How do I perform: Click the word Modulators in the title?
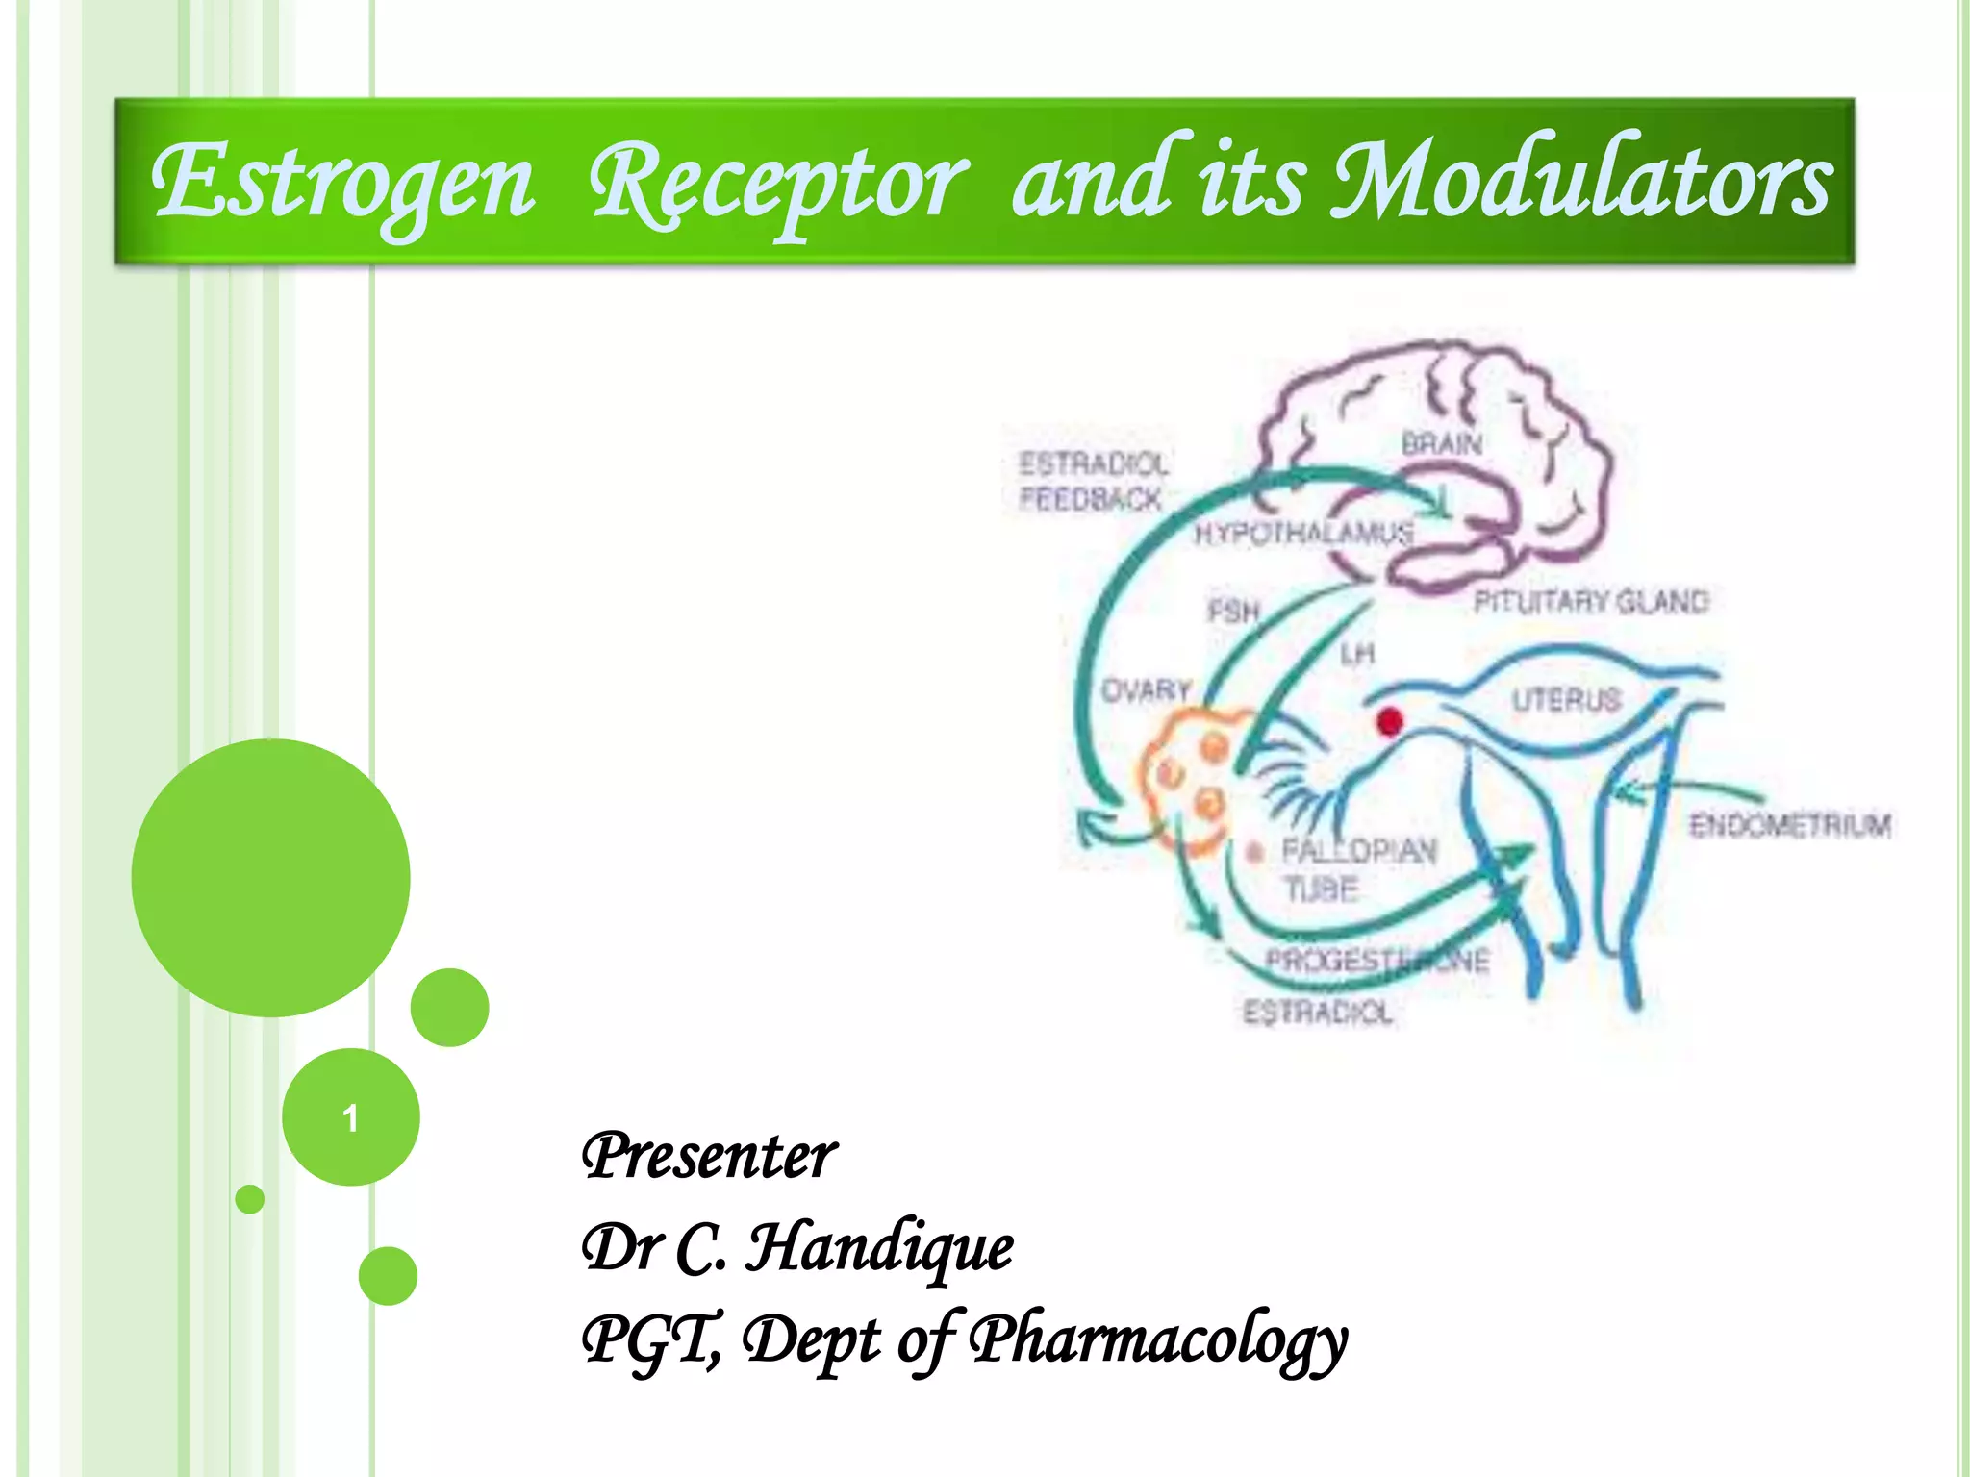click(x=1581, y=181)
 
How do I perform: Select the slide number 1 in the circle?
click(x=350, y=1118)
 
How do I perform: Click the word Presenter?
click(x=709, y=1156)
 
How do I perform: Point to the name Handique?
click(x=880, y=1248)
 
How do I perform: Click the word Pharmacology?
click(x=1158, y=1339)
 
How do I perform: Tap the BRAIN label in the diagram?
click(x=1441, y=444)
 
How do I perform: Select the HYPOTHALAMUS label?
click(x=1303, y=533)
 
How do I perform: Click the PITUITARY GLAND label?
click(x=1591, y=602)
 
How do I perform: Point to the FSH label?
click(x=1233, y=611)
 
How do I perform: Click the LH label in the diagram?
click(x=1357, y=655)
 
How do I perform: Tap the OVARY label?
click(x=1146, y=690)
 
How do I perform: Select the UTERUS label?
click(x=1566, y=699)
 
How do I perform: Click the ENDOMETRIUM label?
click(x=1790, y=825)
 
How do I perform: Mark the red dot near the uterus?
click(x=1389, y=721)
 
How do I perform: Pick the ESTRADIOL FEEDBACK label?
click(x=1093, y=481)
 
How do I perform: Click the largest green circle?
click(x=271, y=877)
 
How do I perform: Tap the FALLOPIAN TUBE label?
click(x=1356, y=869)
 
